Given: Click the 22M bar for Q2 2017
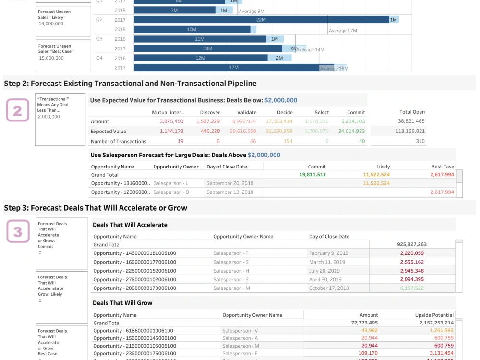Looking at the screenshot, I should tap(261, 20).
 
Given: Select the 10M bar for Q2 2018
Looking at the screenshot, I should tap(192, 29).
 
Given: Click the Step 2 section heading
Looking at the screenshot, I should tap(130, 84).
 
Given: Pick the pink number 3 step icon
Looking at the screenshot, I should tap(18, 232).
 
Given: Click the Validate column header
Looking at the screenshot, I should tap(247, 112).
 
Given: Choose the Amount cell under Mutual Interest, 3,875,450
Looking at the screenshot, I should tap(171, 122).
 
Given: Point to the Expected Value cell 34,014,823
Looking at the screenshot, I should tap(351, 131).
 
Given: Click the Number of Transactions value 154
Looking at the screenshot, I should tap(288, 141).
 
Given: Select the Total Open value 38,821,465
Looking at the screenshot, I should tap(411, 122).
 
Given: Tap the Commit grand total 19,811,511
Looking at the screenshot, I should tap(312, 175).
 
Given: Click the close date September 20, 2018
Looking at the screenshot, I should tap(229, 183).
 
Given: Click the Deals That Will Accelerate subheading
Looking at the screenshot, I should tap(130, 225).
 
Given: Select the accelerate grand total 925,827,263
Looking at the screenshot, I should tap(412, 244).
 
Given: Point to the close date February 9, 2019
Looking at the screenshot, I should tap(329, 253).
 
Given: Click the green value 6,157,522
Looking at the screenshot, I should tap(412, 288).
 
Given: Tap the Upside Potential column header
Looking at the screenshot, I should tap(434, 315).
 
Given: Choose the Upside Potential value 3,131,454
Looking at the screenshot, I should tap(440, 354).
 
